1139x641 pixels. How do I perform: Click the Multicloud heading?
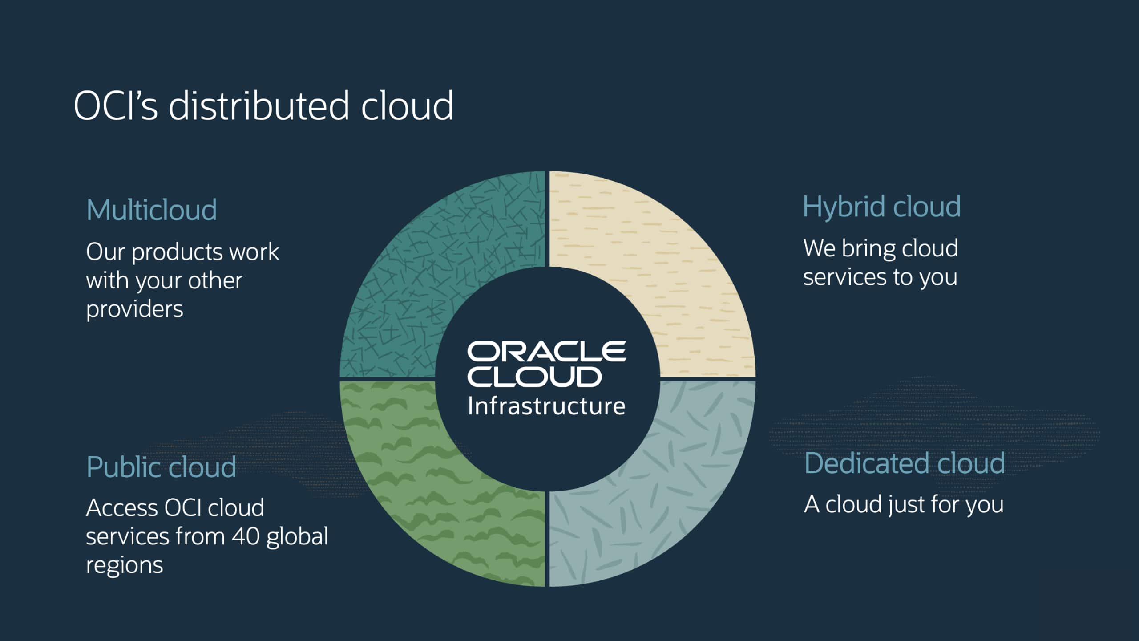point(151,210)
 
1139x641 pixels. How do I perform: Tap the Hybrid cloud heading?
point(881,207)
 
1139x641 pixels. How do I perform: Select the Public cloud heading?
point(161,467)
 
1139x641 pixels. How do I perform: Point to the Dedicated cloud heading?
point(905,463)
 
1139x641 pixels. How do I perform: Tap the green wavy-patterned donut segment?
point(427,494)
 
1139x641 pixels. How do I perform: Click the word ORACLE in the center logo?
point(546,352)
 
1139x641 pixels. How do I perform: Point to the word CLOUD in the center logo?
point(534,377)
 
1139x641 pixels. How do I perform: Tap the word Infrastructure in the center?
point(546,406)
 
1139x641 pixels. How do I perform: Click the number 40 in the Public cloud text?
point(246,536)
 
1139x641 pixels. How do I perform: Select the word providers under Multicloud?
point(134,309)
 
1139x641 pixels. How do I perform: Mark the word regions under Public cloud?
point(124,565)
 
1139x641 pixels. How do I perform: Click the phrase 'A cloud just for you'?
point(904,505)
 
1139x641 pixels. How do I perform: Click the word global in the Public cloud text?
point(297,536)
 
